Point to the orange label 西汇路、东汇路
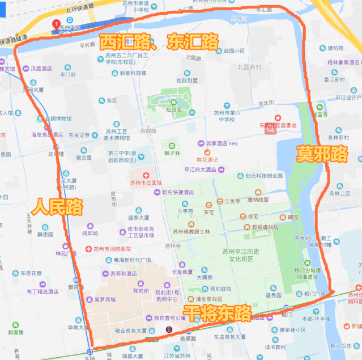159,41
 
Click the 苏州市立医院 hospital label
146,183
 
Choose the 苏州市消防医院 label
111,249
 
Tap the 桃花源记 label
207,160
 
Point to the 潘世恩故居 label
207,299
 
